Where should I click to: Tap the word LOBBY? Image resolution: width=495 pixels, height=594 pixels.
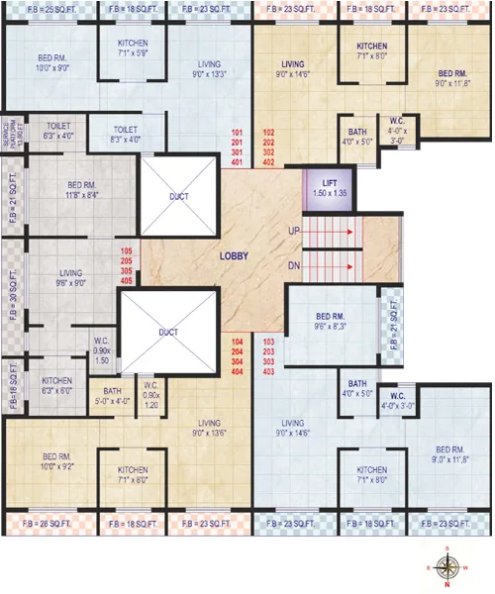click(234, 256)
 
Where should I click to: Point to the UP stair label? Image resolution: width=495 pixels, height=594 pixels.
click(294, 231)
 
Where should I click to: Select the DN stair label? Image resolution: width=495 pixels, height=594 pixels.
click(294, 265)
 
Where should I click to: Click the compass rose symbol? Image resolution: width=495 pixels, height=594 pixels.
click(447, 566)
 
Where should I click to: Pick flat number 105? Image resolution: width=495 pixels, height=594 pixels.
click(126, 251)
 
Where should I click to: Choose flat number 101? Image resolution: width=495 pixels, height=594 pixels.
click(238, 132)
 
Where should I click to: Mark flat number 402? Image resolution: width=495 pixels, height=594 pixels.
click(268, 162)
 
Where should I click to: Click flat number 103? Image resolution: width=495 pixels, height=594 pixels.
click(268, 342)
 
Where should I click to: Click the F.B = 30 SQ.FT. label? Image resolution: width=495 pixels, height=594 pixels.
click(10, 294)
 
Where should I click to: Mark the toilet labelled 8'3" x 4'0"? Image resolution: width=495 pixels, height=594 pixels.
click(125, 135)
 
